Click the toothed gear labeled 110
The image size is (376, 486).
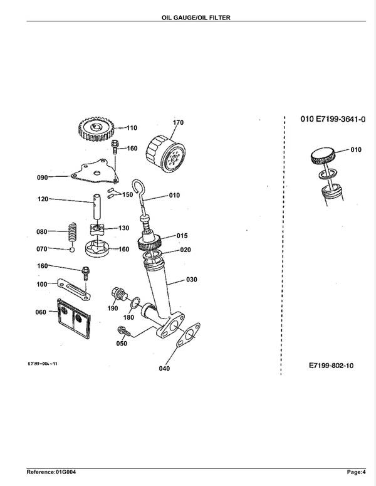click(x=97, y=129)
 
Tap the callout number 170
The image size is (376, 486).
click(x=178, y=122)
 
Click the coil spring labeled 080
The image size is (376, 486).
click(x=72, y=232)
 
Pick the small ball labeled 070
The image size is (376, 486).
click(x=72, y=249)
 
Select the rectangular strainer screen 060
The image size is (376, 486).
click(x=73, y=318)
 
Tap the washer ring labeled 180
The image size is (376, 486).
click(x=135, y=303)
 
